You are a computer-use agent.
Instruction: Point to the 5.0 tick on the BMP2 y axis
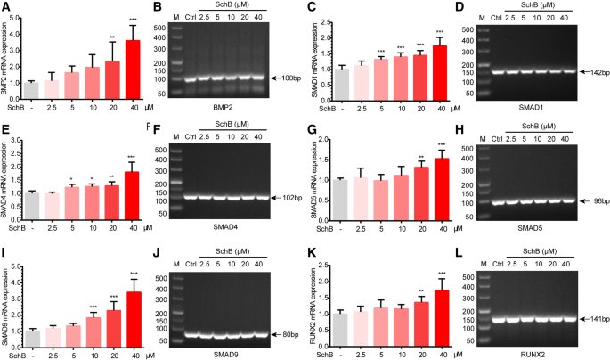click(x=23, y=12)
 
